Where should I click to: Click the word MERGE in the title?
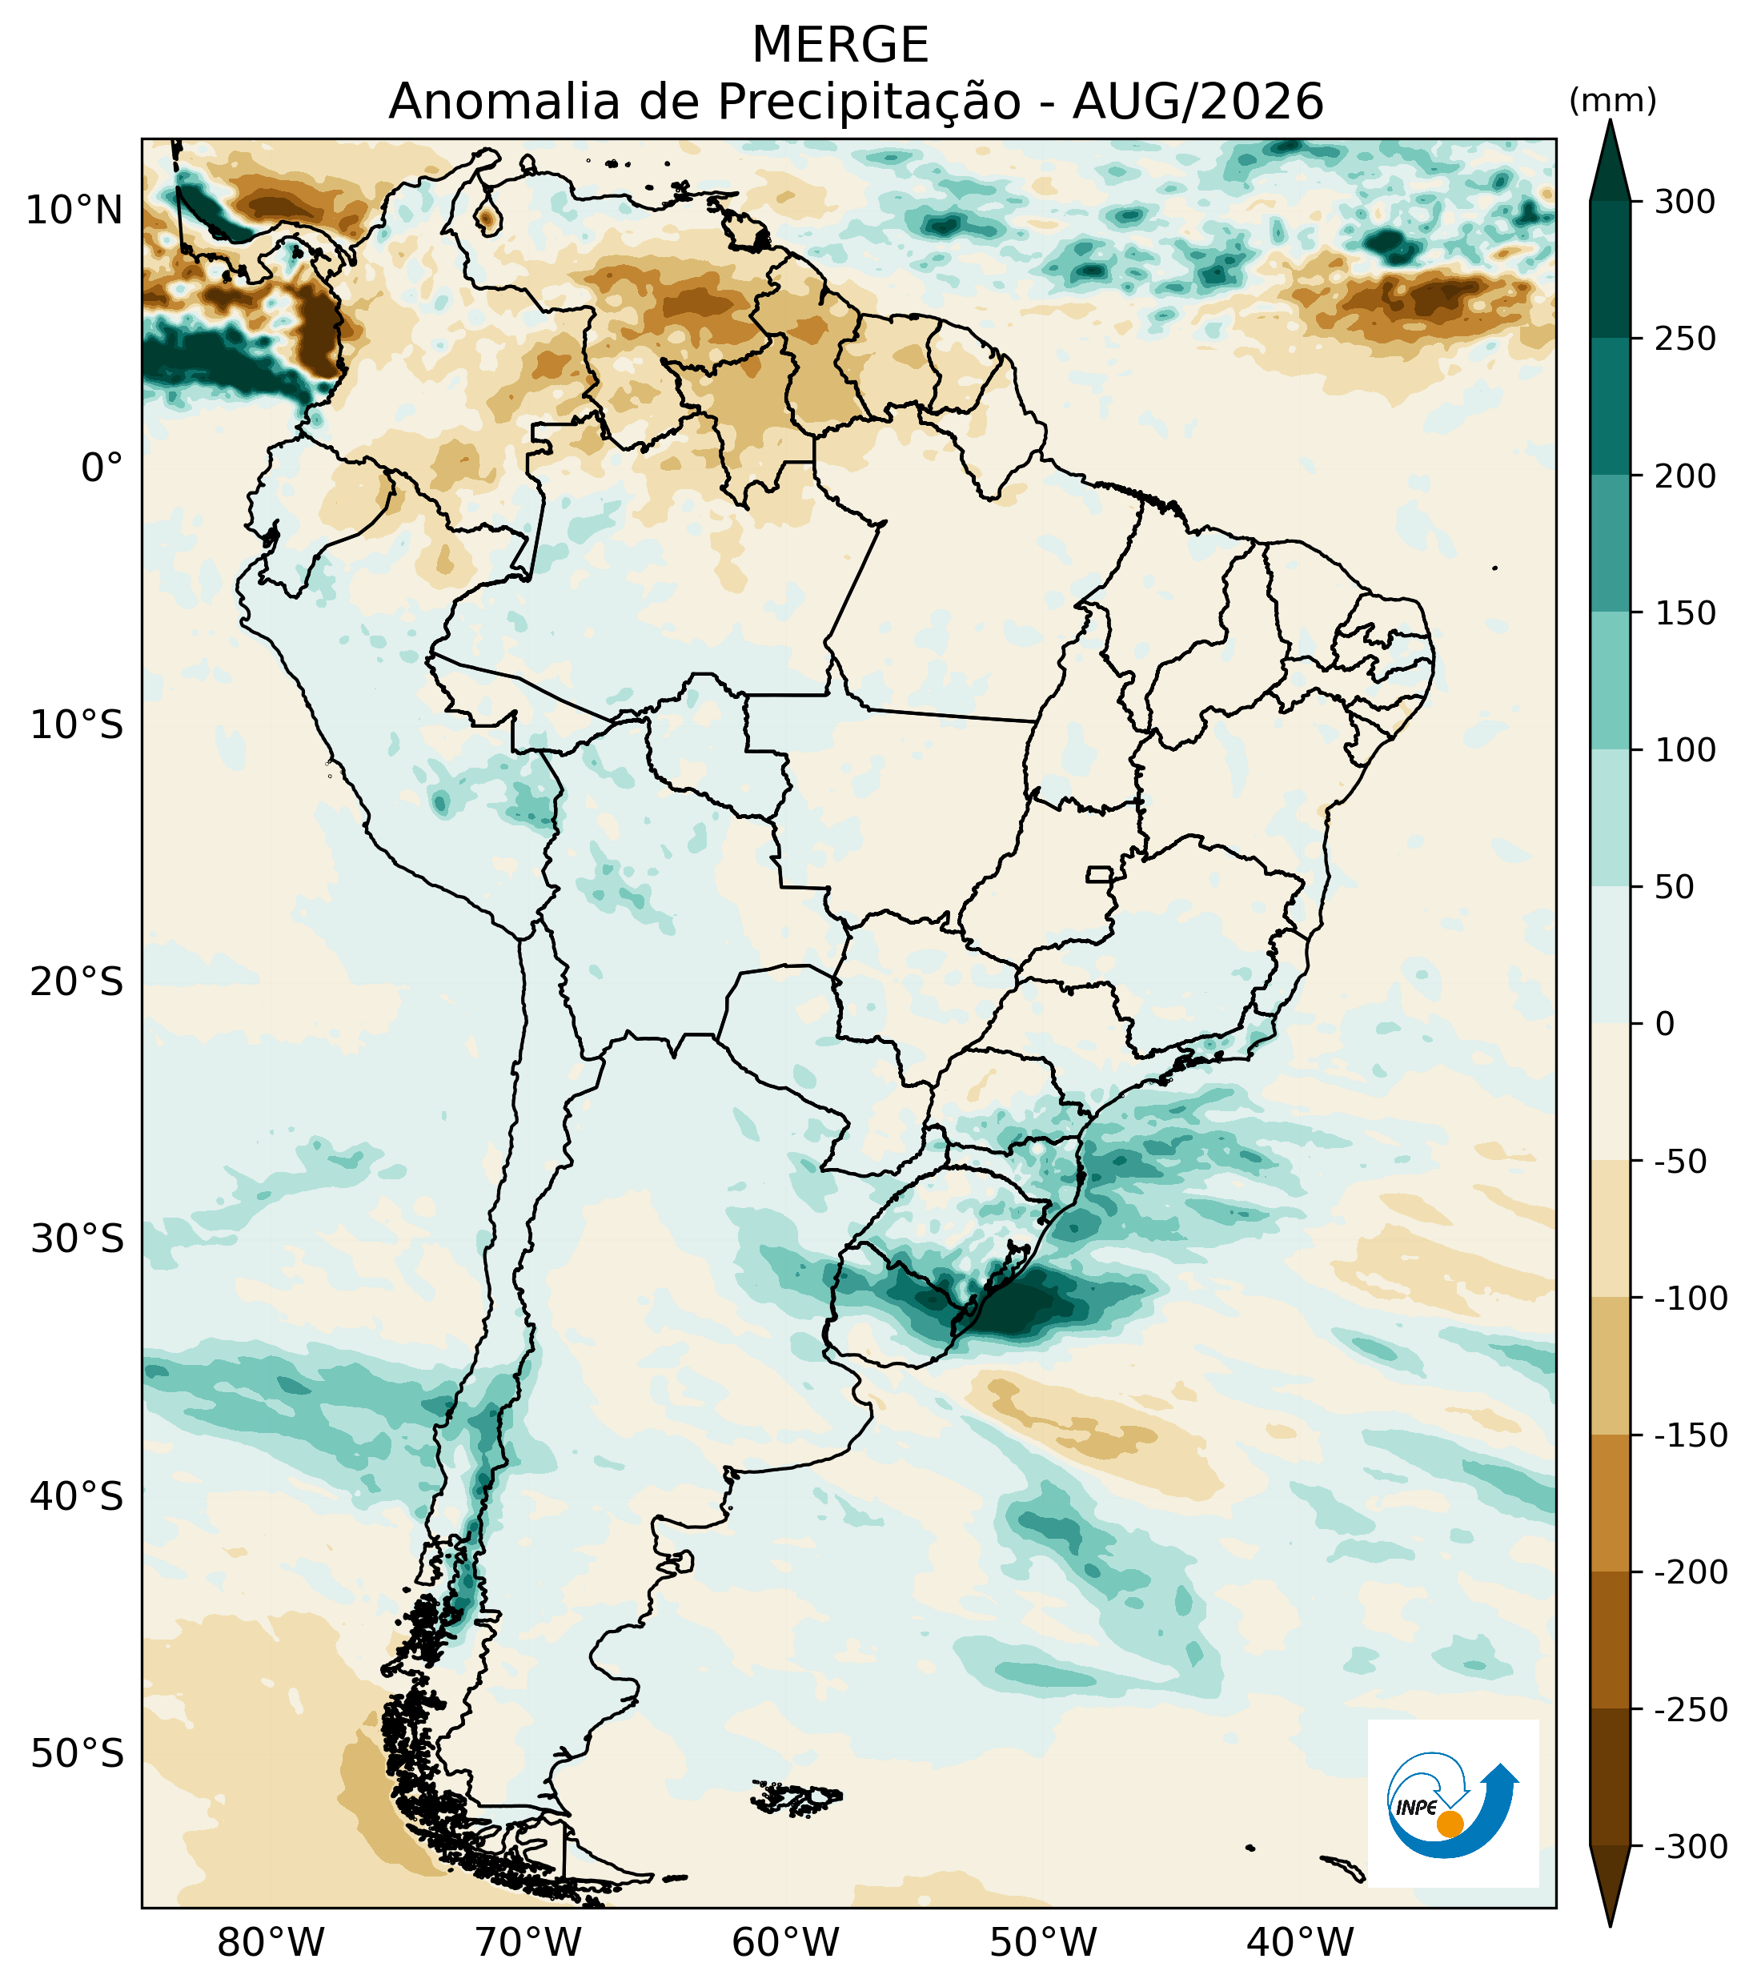tap(840, 45)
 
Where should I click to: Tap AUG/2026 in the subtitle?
tap(1198, 101)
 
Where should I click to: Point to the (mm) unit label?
tap(1613, 100)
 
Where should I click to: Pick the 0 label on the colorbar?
tap(1666, 1024)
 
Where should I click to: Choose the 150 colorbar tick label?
tap(1686, 613)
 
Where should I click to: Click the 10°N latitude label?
tap(74, 210)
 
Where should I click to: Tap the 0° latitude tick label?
tap(102, 468)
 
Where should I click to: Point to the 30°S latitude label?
tap(77, 1239)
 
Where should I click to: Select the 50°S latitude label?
tap(77, 1754)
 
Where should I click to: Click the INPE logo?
tap(1453, 1803)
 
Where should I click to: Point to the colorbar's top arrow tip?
tap(1611, 119)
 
